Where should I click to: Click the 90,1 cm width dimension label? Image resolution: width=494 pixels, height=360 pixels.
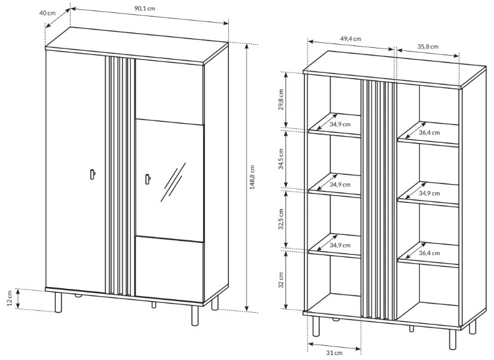145,8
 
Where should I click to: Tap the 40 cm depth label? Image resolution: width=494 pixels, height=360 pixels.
47,13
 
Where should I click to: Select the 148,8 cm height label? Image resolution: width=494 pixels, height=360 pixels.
252,177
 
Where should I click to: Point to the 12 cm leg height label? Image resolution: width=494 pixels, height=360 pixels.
9,298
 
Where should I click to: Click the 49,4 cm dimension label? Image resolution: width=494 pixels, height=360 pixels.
350,39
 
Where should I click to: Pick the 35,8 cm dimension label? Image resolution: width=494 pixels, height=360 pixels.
428,47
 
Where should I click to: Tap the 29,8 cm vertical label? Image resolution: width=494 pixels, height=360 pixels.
281,99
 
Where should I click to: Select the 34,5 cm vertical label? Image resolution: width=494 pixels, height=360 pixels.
281,159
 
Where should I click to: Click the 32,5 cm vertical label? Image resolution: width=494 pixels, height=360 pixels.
281,219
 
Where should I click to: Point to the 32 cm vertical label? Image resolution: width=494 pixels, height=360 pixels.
281,280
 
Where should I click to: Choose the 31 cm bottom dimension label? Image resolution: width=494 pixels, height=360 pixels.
334,353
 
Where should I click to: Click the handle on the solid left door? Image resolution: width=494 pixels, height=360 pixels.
93,174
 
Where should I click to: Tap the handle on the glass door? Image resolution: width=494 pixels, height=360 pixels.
148,178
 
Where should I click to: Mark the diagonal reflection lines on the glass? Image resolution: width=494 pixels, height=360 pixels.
173,182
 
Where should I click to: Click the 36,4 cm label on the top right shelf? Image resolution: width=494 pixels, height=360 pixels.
429,132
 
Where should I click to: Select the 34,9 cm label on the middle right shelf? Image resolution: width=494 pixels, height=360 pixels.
429,193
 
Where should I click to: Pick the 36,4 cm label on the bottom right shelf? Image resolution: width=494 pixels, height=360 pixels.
429,253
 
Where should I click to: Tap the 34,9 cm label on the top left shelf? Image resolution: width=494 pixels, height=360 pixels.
340,124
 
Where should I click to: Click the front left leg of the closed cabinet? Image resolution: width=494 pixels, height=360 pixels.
58,302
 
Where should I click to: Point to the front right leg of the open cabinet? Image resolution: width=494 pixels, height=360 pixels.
453,340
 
